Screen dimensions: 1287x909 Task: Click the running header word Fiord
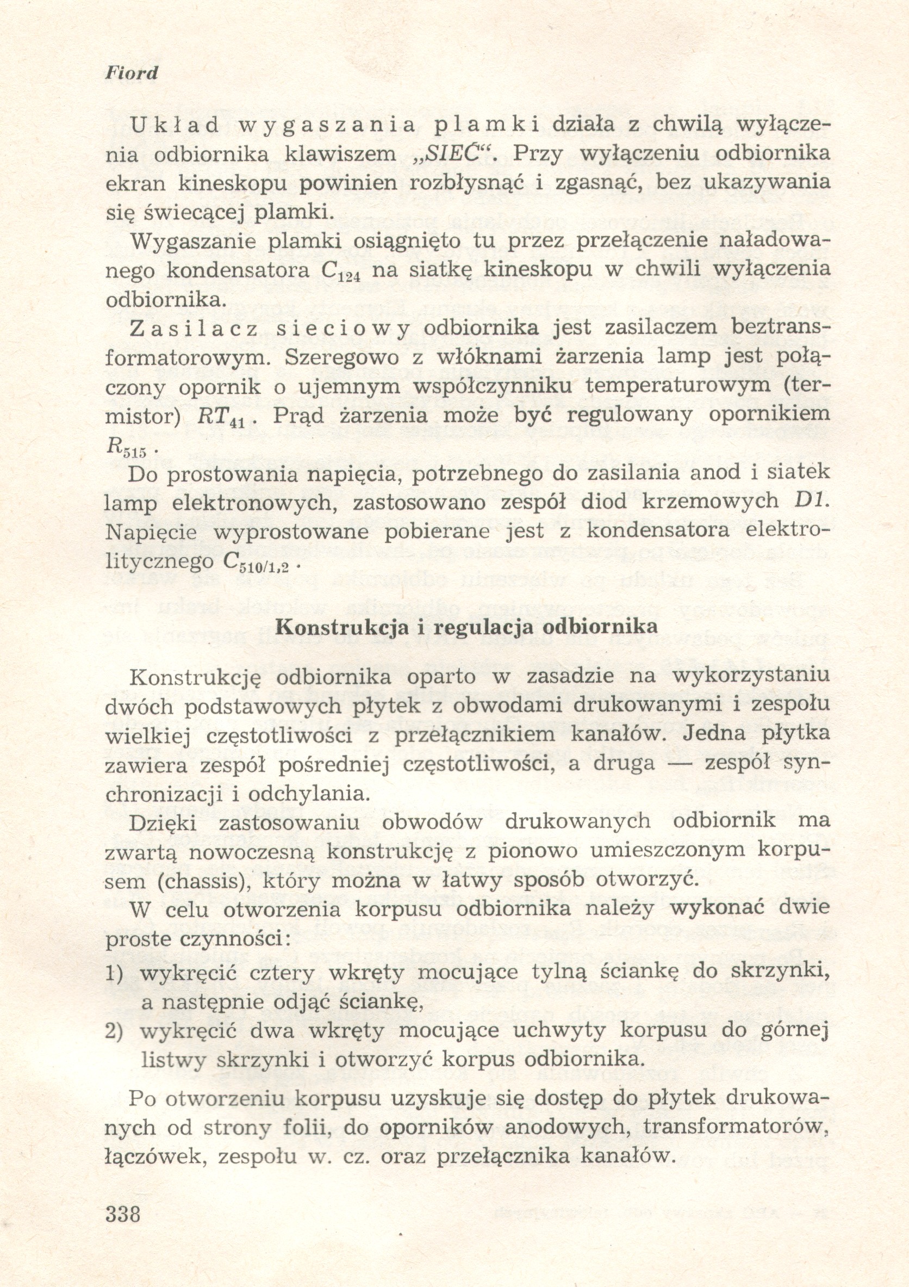132,73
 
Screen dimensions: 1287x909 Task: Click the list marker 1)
114,973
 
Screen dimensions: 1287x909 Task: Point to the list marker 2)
114,1031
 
